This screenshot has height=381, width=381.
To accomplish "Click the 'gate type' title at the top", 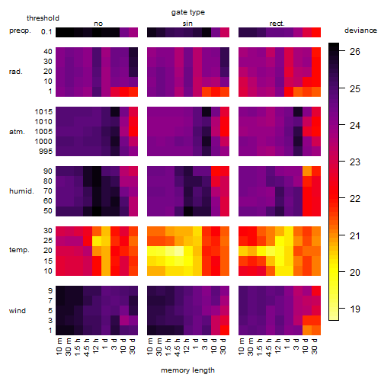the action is pos(188,12).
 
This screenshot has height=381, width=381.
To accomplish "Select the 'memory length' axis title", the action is pos(187,370).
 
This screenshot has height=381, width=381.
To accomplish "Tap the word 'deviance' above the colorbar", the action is pos(360,30).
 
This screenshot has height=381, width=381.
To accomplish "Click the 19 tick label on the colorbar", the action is pos(355,309).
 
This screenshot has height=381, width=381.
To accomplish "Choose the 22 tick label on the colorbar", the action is pos(355,199).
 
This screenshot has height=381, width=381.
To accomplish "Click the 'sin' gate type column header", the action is pos(187,24).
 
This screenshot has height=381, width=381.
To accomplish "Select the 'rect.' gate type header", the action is pos(277,24).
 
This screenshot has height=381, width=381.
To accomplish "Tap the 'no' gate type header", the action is pos(98,24).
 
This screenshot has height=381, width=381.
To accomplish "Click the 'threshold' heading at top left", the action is pos(43,18).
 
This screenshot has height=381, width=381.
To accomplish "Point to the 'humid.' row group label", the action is pos(21,191).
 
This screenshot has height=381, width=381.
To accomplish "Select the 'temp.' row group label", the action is pos(19,250).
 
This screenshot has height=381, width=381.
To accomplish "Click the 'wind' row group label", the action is pos(18,311).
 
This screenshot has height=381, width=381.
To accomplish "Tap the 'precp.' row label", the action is pos(20,30).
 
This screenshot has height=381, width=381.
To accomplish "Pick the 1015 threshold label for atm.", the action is pos(43,112).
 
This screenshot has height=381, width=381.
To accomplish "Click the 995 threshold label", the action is pos(46,152).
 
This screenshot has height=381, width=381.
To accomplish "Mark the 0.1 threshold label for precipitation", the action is pos(46,32).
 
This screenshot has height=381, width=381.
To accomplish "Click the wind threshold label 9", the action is pos(50,291).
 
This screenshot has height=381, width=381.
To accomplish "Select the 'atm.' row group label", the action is pos(17,132).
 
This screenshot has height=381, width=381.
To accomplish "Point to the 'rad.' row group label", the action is pos(16,72).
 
